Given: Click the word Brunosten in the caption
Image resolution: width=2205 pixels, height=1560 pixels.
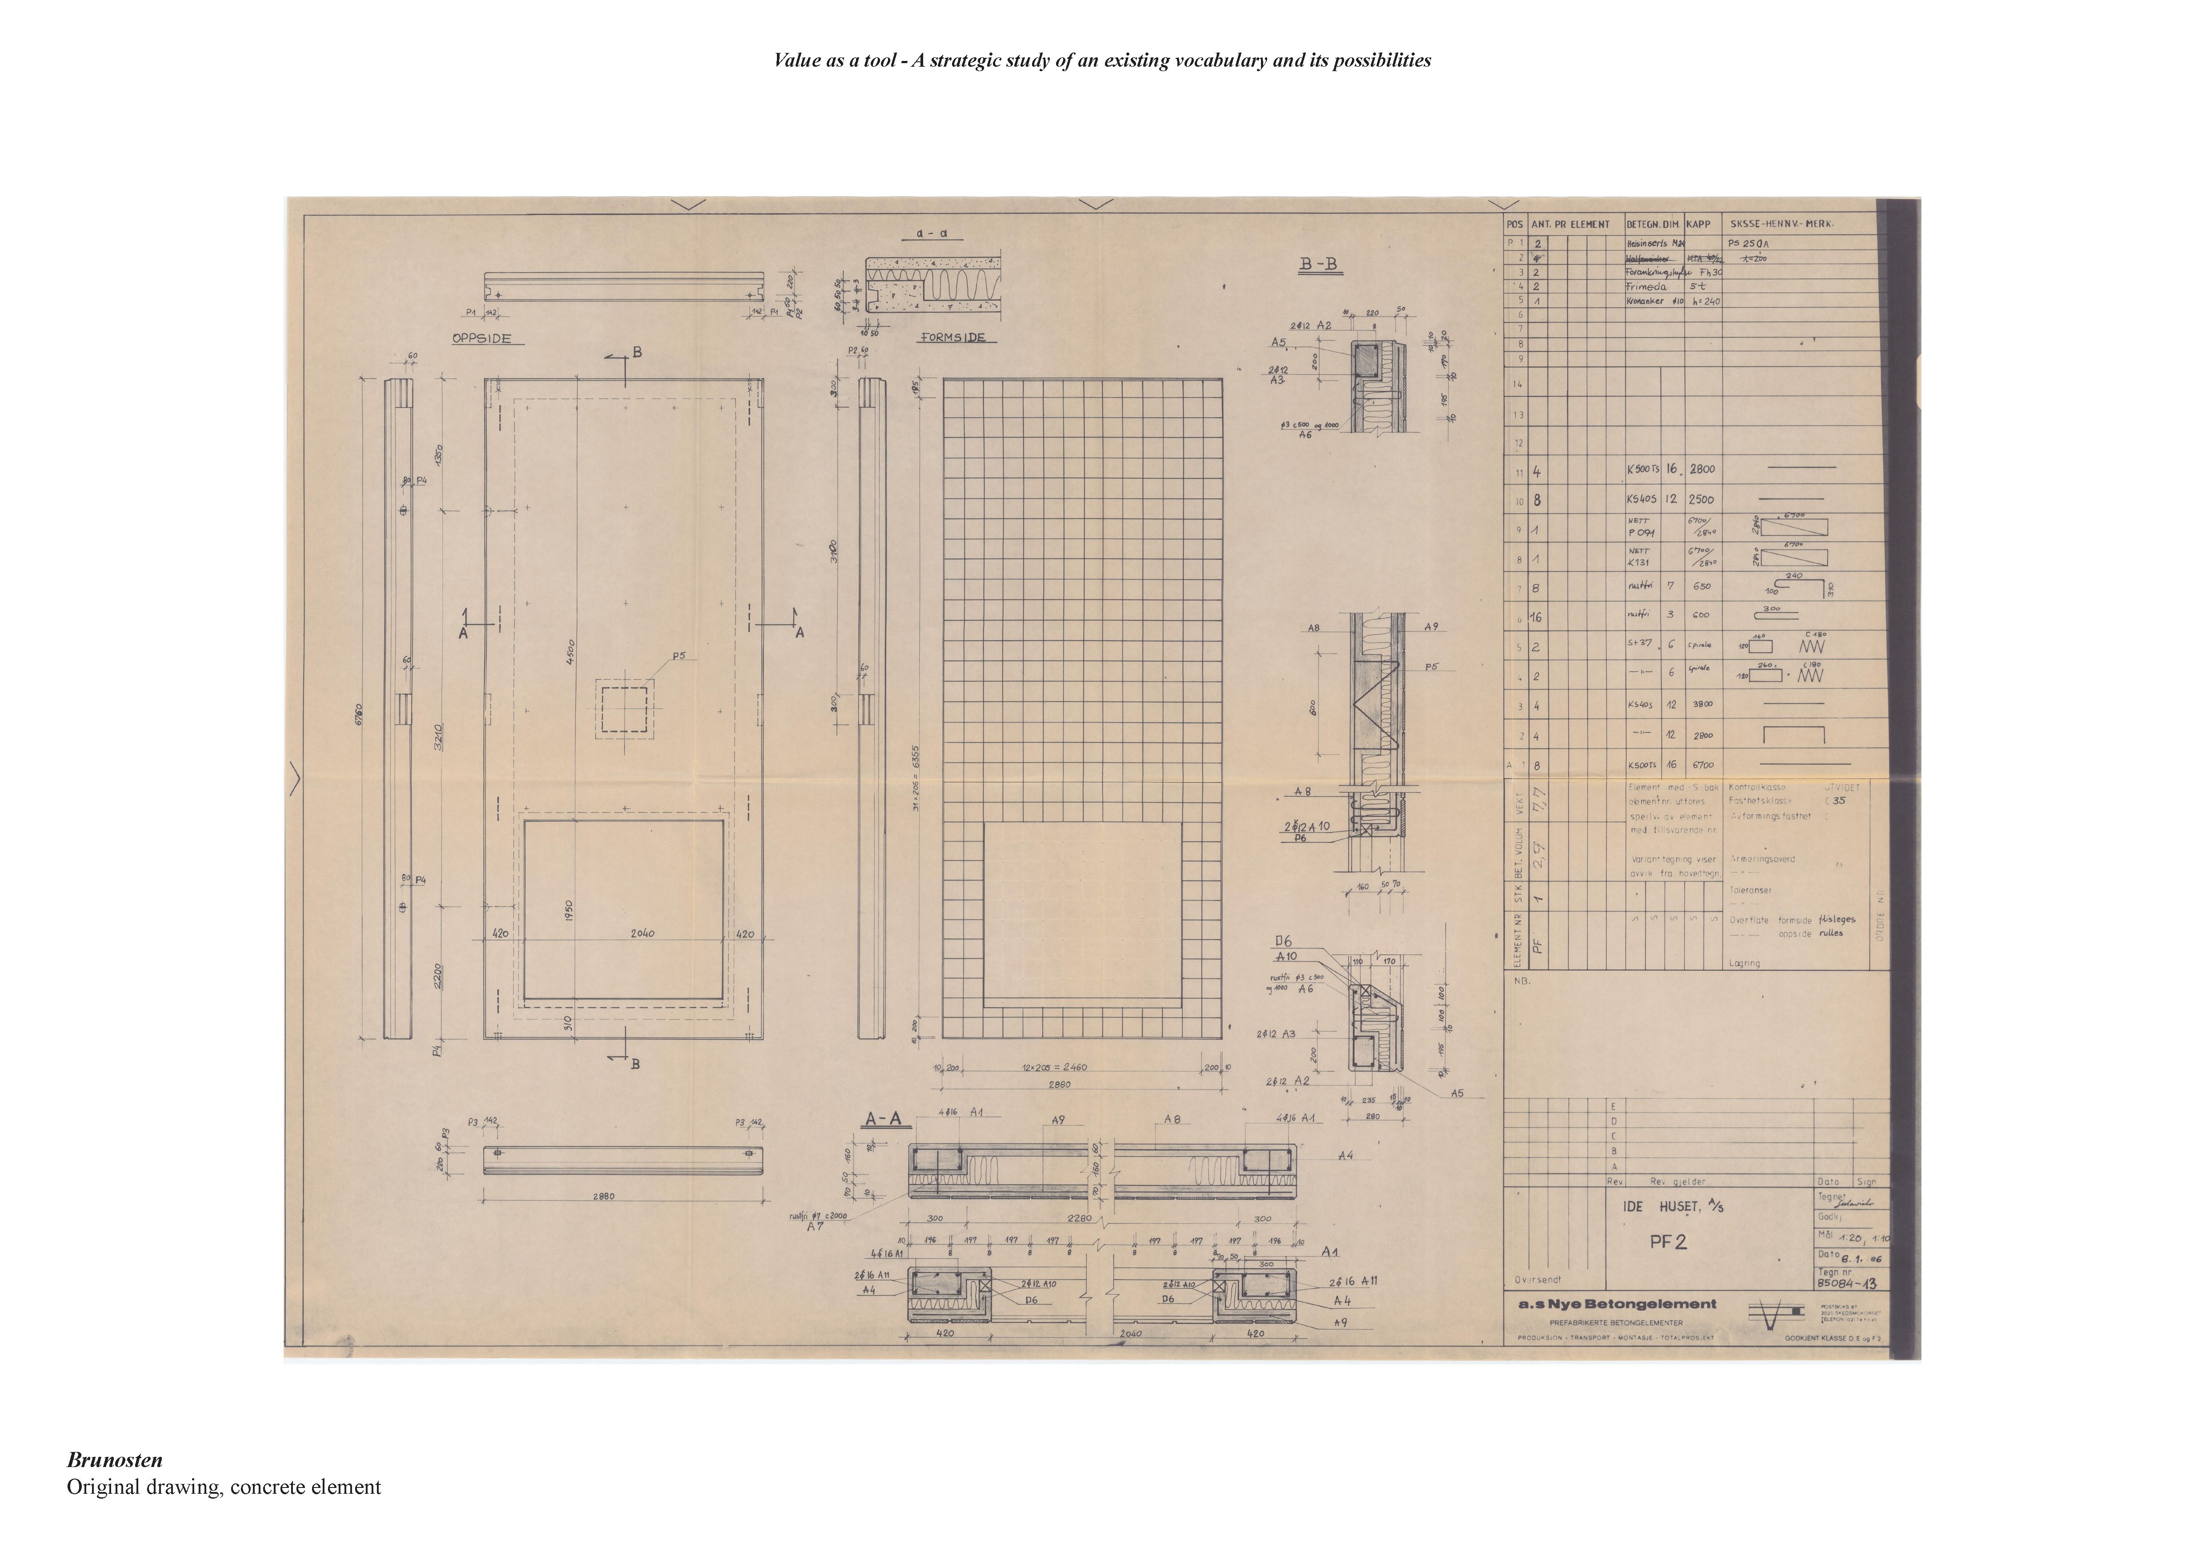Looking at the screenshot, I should click(114, 1460).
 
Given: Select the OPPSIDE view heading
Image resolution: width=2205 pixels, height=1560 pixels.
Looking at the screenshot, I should click(481, 339).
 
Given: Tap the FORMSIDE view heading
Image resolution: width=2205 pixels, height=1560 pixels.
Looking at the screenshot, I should click(954, 338).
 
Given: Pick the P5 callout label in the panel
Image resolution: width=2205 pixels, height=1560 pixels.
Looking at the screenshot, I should click(679, 656).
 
